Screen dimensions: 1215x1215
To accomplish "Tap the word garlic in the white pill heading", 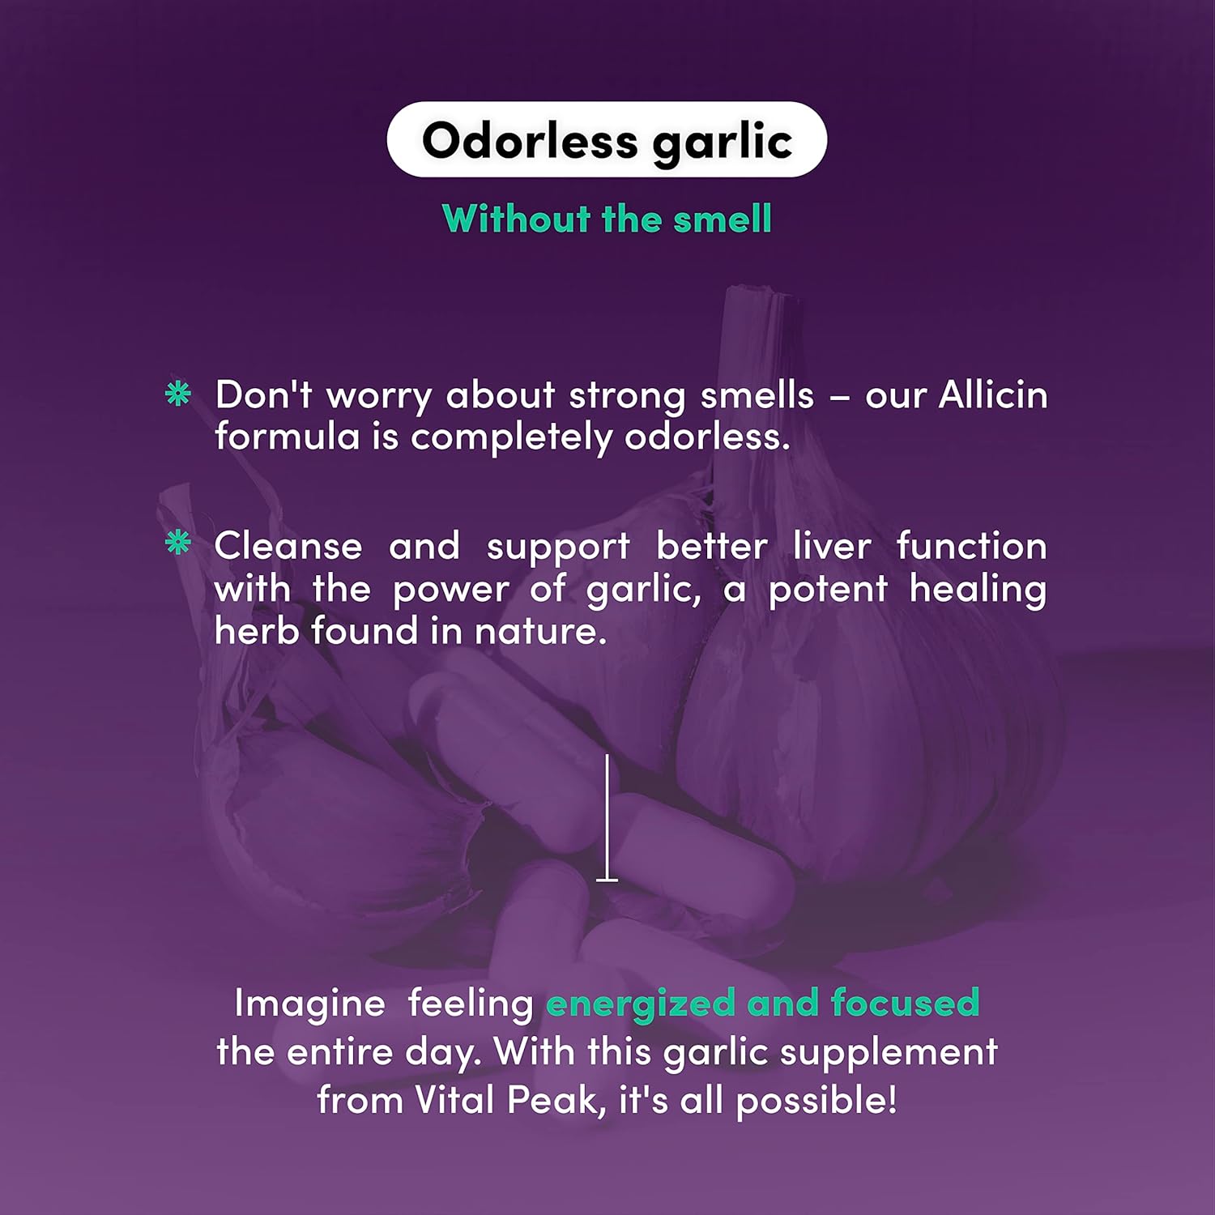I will coord(722,143).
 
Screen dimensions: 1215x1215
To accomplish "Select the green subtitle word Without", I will coord(516,219).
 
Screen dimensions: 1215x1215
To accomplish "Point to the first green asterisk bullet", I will coord(177,394).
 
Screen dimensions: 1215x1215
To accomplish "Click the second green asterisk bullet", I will coord(177,543).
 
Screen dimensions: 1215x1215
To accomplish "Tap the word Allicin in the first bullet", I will coord(992,395).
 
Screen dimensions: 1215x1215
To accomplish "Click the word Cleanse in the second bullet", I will coord(288,546).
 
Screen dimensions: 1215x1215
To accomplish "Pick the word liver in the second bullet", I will coord(831,546).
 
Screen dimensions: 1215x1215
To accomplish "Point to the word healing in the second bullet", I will coord(977,589).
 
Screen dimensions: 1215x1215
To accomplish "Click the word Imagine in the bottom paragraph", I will coord(309,1004).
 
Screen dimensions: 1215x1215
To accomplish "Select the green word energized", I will coord(641,1004).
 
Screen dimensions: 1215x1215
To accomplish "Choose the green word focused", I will coord(905,1004).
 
